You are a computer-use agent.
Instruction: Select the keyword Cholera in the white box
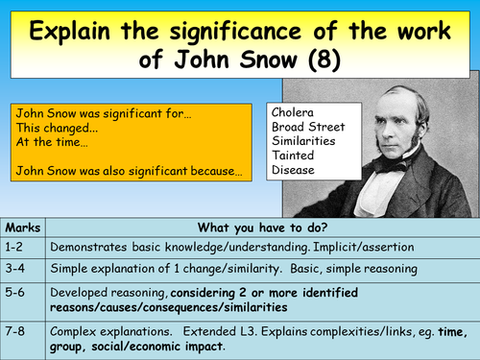click(x=296, y=109)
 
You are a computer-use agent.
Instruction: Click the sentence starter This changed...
click(x=51, y=126)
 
